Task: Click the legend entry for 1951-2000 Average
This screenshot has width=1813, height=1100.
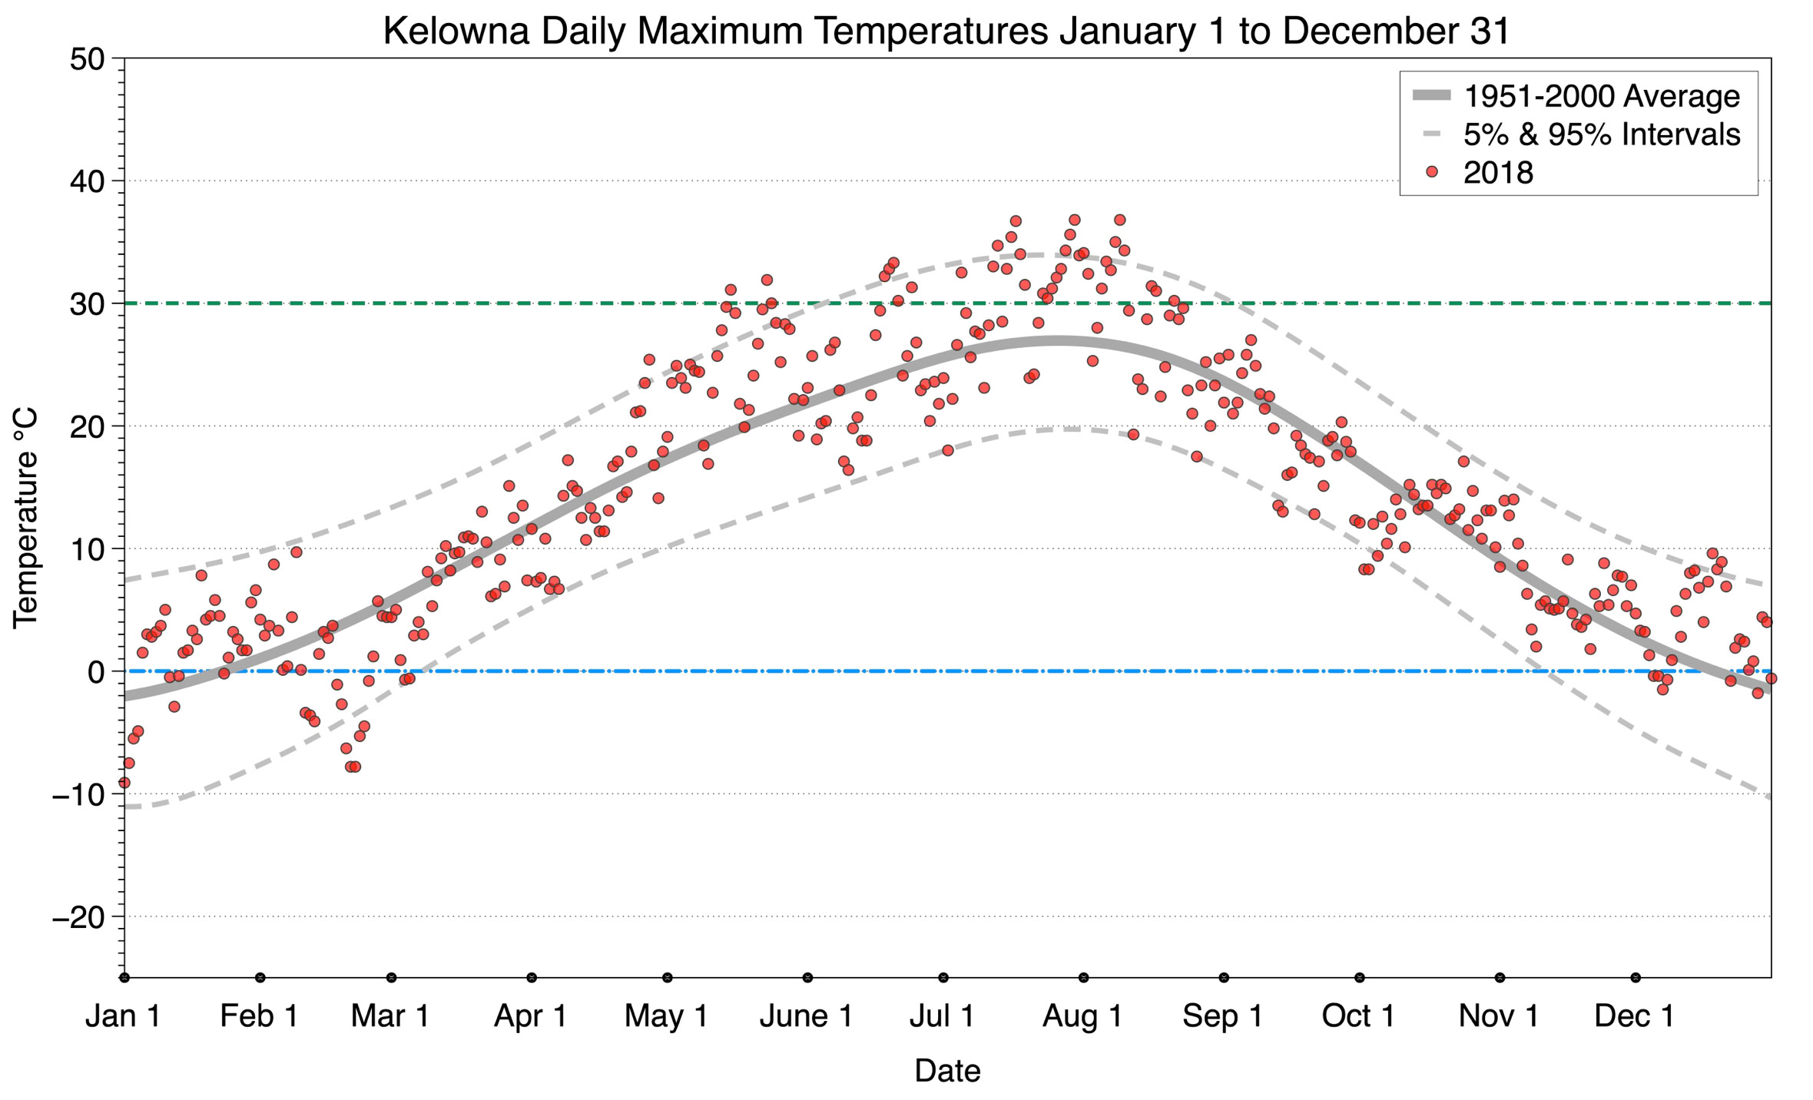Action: [1601, 96]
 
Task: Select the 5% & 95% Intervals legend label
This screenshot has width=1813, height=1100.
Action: [1601, 134]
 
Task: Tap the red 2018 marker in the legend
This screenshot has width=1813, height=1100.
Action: [1431, 172]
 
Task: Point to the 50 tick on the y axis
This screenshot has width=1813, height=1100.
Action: [87, 59]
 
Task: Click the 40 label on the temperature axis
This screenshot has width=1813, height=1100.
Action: [87, 181]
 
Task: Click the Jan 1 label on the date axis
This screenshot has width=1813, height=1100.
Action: [123, 1016]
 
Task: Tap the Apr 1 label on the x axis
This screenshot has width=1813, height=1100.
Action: [531, 1016]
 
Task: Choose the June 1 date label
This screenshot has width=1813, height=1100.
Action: [806, 1016]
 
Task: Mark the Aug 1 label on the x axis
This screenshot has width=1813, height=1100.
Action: [1082, 1016]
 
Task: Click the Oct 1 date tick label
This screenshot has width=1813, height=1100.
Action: [1358, 1016]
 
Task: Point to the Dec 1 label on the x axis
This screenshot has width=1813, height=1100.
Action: [1635, 1016]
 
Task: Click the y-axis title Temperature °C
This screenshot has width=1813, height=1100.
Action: [25, 518]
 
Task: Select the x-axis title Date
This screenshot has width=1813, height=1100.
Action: [947, 1071]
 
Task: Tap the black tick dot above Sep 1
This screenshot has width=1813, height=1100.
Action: [1224, 978]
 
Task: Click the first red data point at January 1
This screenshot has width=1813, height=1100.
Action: [124, 783]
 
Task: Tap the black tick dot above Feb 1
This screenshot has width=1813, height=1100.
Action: [260, 978]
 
